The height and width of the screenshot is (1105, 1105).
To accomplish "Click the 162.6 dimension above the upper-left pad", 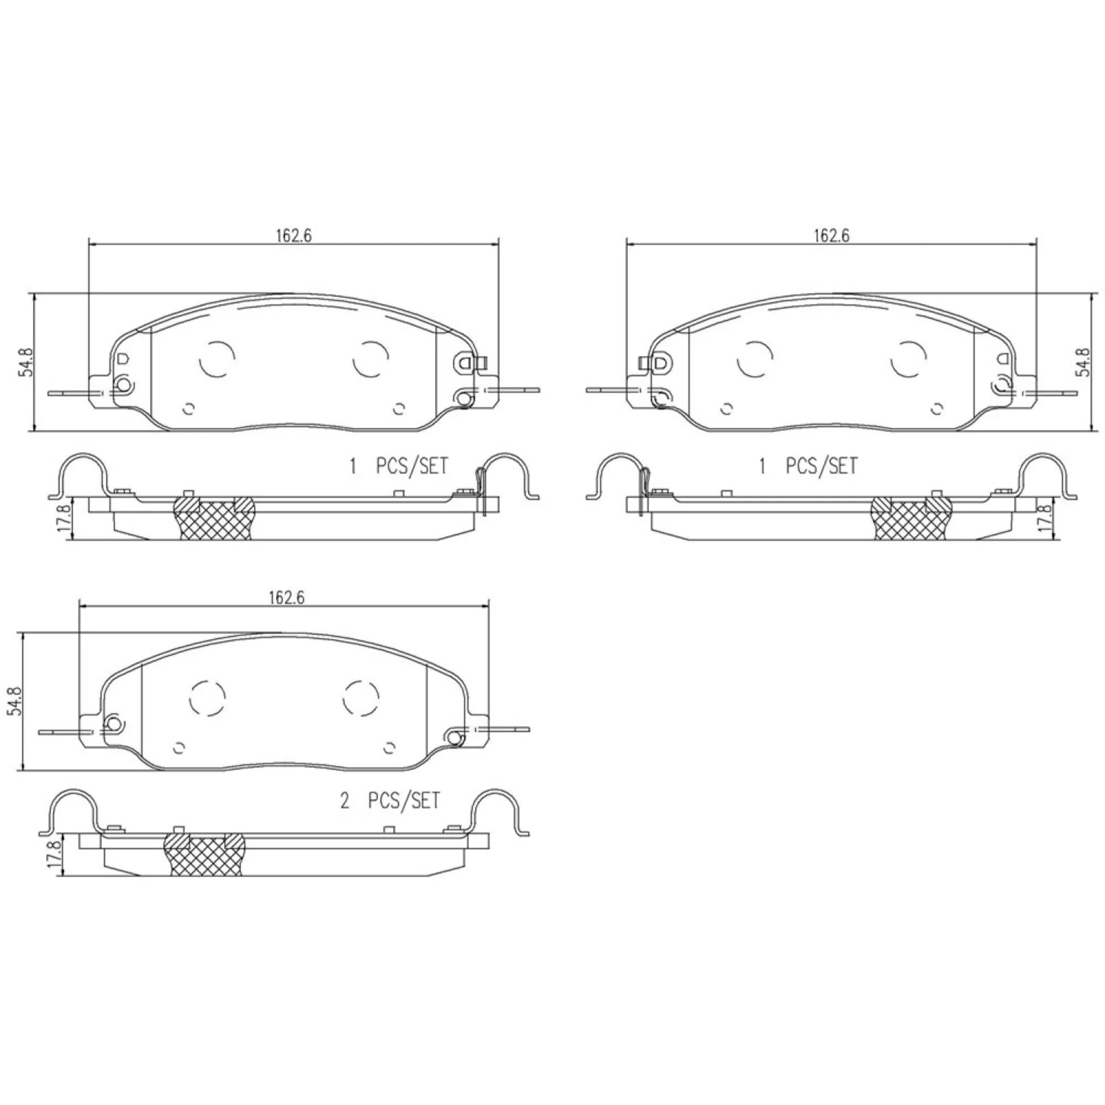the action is click(294, 236).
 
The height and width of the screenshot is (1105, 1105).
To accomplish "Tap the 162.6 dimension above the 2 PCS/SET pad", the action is click(287, 598).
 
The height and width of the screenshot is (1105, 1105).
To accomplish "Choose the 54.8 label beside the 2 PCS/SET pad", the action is click(14, 701).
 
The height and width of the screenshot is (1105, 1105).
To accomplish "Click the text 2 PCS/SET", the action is click(391, 801).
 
